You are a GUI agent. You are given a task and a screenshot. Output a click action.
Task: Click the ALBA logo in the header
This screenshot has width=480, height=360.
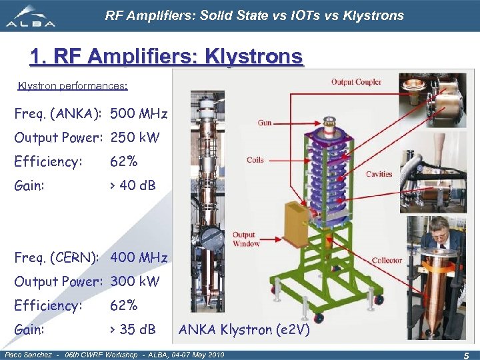pos(31,16)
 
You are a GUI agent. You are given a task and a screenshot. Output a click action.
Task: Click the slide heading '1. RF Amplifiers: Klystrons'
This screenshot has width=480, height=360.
pos(166,57)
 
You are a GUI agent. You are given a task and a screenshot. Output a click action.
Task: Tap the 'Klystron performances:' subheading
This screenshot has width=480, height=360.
pos(73,86)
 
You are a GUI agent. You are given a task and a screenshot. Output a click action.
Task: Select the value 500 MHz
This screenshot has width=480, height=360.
pos(139,113)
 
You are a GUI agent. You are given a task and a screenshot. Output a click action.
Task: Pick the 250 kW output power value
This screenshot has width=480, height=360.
pos(135,137)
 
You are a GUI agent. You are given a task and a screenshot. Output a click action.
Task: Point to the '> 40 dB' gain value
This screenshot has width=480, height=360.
pos(133,185)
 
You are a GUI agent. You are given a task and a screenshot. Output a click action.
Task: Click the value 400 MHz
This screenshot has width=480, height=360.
pos(139,257)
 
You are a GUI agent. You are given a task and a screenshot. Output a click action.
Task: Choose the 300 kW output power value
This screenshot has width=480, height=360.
pos(135,281)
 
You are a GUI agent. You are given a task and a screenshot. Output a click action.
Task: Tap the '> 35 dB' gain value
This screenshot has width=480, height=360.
pos(133,329)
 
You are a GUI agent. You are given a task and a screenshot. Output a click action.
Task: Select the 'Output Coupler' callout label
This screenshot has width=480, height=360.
pos(356,82)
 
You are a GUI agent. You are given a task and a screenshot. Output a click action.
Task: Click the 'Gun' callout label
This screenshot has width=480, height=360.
pos(265,123)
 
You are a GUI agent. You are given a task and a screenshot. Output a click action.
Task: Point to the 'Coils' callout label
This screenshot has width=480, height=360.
pos(255,159)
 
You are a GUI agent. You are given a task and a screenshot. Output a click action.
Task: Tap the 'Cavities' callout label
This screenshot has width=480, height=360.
pos(379,174)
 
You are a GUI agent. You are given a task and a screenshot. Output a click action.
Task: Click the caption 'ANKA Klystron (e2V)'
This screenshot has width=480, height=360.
pos(244,329)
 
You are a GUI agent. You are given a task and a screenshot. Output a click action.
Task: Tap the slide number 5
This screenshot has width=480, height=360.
pos(467,354)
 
